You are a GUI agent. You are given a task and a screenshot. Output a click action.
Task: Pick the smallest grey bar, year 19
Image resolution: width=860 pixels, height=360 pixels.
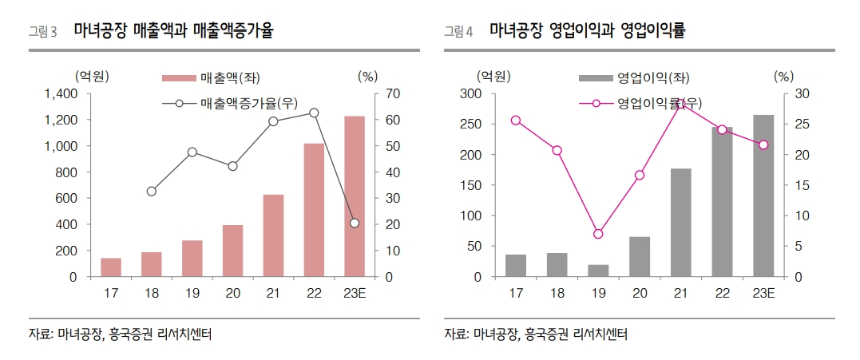(598, 271)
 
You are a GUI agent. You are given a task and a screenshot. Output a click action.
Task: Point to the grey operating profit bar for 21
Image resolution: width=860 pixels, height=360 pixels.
(680, 223)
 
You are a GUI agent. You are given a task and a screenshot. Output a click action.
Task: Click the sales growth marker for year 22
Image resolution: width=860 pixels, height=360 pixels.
(314, 113)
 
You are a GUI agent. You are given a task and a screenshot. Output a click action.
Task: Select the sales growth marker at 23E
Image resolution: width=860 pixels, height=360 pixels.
(355, 223)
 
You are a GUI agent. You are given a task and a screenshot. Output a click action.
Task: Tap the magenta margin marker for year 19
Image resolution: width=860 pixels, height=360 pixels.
(598, 234)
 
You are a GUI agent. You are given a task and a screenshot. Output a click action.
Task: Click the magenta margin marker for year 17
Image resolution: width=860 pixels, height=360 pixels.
(516, 121)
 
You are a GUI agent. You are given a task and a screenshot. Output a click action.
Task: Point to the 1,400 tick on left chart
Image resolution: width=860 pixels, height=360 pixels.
(61, 94)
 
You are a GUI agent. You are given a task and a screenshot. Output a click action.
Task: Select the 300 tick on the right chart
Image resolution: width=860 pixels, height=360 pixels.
(470, 94)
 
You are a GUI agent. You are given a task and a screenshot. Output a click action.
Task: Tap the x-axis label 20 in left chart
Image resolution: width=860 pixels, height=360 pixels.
(232, 294)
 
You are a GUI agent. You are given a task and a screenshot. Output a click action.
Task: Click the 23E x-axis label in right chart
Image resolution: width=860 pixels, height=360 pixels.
(763, 294)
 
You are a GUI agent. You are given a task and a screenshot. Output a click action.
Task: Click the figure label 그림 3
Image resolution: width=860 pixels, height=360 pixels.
(43, 32)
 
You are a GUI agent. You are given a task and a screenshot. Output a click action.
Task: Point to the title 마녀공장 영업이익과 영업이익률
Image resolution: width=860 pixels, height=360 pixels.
(588, 31)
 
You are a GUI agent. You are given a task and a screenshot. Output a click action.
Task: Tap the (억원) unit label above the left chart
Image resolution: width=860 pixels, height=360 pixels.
(92, 77)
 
